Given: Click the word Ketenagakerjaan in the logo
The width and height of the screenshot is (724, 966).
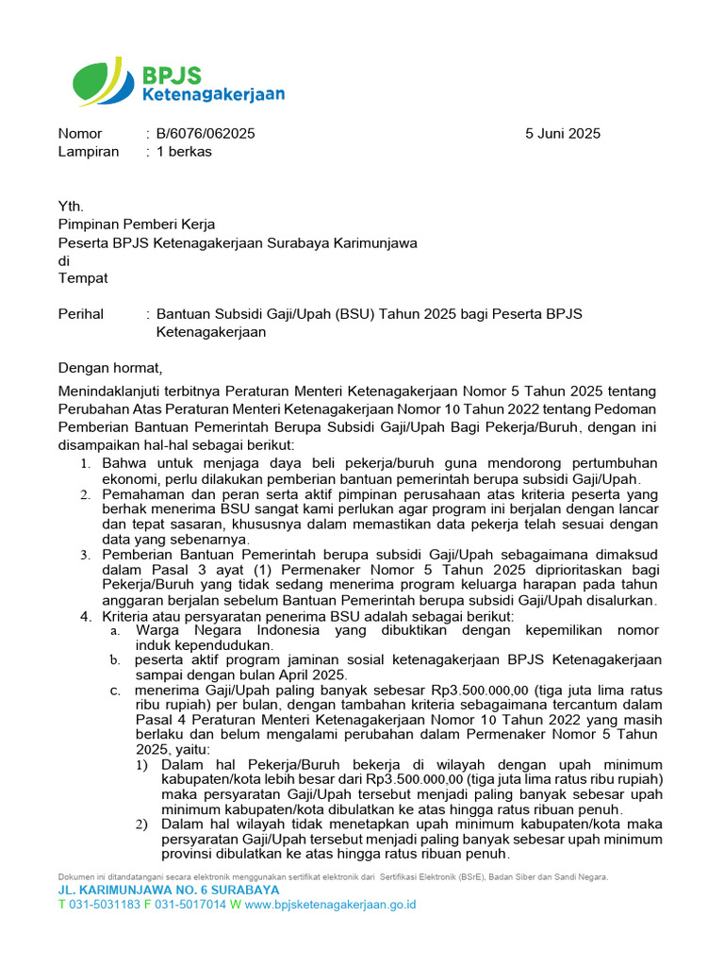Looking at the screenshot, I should point(213,94).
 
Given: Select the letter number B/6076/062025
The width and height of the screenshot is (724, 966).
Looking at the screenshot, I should point(206,134).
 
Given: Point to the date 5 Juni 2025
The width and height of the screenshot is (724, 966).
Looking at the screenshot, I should point(563,134).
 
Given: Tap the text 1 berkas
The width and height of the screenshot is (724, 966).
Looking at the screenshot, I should point(184,152).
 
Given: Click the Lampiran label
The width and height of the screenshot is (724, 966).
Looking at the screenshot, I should point(89,152).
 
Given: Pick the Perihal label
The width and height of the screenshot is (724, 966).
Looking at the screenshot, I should point(81,314).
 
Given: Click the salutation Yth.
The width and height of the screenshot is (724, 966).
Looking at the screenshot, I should point(71,207).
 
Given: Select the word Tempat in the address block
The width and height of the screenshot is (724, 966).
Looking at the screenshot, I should point(83,278).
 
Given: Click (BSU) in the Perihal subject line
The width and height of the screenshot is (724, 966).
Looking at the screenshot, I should point(354,314).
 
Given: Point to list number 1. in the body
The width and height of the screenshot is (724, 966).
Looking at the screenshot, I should point(85,464).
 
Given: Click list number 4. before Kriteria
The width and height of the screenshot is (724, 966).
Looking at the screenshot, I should point(85,616).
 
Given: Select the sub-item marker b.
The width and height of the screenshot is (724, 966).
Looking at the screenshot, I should point(114,660).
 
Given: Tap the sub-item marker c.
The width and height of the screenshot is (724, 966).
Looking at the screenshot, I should point(115,691).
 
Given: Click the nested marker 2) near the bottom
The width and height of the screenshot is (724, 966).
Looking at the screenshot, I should point(140,824).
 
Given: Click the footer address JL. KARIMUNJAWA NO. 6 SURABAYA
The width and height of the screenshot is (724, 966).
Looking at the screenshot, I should point(169,890).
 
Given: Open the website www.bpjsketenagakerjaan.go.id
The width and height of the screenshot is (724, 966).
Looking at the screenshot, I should point(330,905).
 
